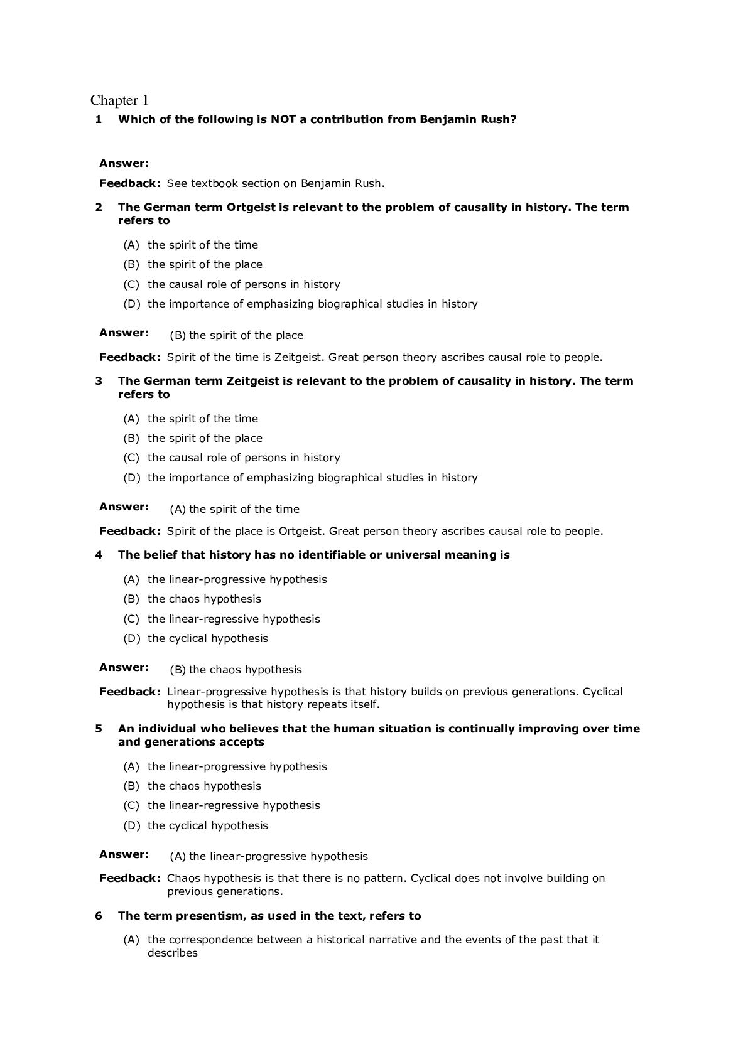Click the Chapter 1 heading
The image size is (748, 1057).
pos(119,100)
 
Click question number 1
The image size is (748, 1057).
pos(99,119)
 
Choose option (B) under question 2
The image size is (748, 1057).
pos(193,264)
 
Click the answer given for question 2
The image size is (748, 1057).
pos(236,335)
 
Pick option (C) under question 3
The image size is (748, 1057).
pos(232,458)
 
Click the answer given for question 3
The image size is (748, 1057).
pos(234,509)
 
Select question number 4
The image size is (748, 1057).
pos(99,555)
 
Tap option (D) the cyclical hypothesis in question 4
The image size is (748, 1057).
pos(195,638)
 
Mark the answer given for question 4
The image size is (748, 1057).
pos(236,670)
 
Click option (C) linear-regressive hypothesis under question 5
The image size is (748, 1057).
pos(222,805)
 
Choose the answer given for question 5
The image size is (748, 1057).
pos(269,856)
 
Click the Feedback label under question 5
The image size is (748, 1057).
pos(130,878)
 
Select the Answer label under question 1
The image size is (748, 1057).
pos(124,163)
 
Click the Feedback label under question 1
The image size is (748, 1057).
pos(130,183)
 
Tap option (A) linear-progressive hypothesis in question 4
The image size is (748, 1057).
pos(225,579)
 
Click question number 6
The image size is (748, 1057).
pos(99,916)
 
